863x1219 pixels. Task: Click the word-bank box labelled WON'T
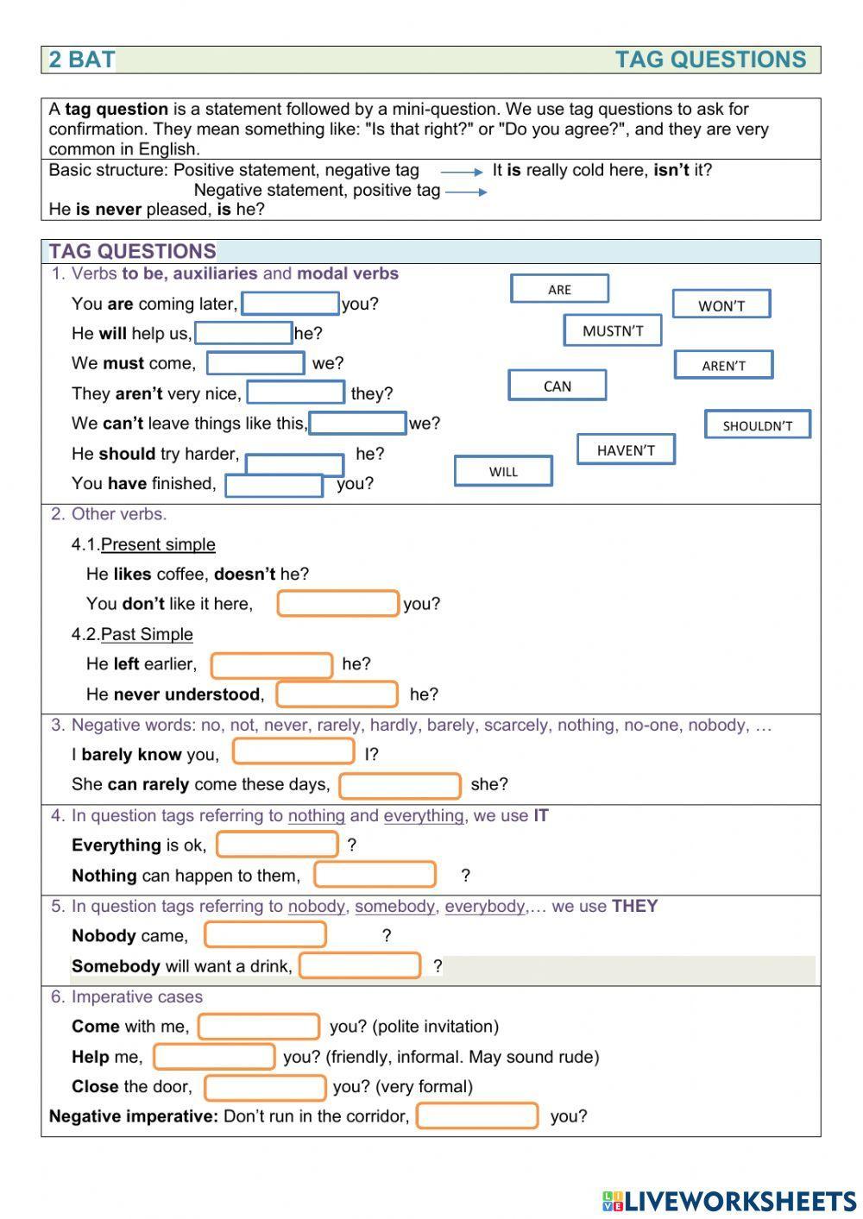(721, 305)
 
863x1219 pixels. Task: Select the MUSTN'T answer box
(613, 330)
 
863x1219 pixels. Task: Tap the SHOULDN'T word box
(758, 424)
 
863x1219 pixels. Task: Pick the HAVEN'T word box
(626, 449)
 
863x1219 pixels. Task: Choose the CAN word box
(557, 386)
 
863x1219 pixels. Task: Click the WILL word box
(503, 471)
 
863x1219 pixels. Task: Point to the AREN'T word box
(723, 365)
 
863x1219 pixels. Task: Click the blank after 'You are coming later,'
(290, 304)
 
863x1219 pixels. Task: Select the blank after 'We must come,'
(255, 363)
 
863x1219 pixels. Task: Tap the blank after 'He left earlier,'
(272, 665)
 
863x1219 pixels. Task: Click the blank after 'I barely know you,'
(293, 751)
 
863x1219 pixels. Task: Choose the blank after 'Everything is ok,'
(277, 845)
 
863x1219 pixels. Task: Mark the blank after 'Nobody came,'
(265, 934)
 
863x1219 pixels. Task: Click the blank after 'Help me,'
(214, 1056)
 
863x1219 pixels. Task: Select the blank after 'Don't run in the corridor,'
(477, 1115)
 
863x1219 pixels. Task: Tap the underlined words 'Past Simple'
(147, 634)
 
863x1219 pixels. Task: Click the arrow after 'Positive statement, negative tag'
(462, 172)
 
